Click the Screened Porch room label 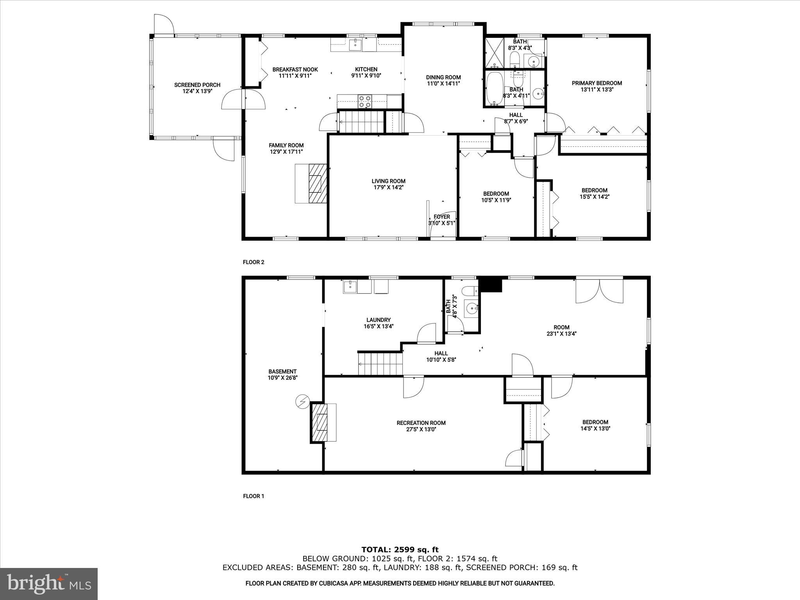tap(197, 85)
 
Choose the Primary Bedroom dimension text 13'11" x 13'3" tap(597, 89)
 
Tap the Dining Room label tap(443, 77)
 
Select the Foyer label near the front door tap(442, 217)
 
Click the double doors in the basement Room tap(599, 289)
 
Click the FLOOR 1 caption tap(254, 496)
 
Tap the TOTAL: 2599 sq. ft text tap(400, 550)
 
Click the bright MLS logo tap(49, 584)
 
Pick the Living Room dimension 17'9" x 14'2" tap(388, 187)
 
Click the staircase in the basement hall tap(380, 363)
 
